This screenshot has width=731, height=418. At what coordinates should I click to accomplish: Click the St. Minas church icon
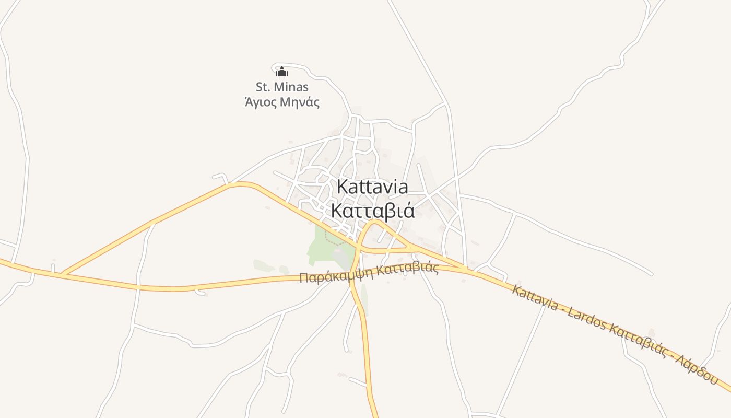[282, 72]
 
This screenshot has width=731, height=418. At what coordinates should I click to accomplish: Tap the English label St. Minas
[282, 87]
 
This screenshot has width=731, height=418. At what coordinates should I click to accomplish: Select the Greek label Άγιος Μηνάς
[282, 102]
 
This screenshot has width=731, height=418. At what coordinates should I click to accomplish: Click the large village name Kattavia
[372, 187]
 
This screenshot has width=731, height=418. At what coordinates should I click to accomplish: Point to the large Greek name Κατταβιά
[373, 211]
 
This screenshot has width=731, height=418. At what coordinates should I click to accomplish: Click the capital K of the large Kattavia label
[343, 187]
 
